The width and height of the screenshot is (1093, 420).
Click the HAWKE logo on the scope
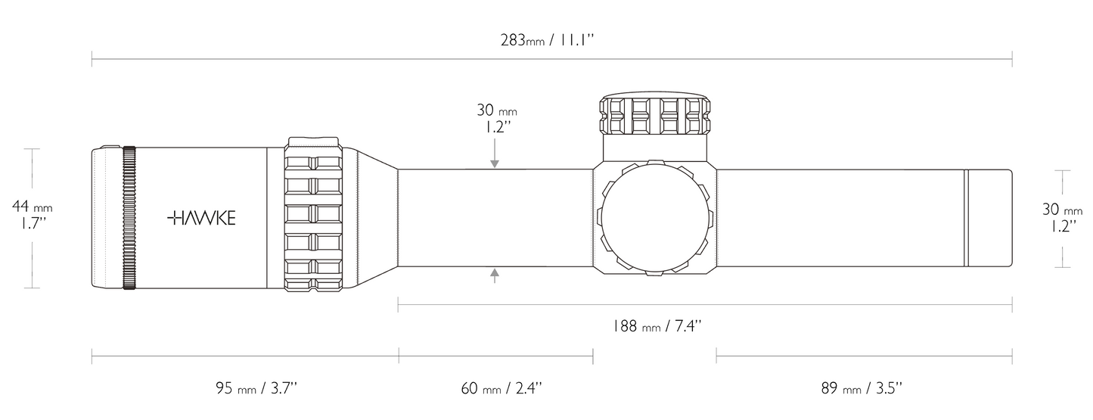tap(201, 218)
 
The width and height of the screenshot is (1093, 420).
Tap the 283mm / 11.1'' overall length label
tap(548, 40)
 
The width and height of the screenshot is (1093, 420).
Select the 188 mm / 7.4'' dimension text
tap(657, 325)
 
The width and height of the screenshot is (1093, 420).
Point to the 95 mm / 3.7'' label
tap(256, 388)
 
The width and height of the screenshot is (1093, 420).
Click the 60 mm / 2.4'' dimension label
tap(501, 388)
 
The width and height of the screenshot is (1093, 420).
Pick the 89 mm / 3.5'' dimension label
tap(862, 388)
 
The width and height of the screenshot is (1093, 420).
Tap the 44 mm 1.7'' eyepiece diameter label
tap(33, 215)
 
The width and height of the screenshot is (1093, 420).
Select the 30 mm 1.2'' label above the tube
tap(497, 118)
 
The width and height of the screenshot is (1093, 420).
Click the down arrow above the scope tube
tap(495, 154)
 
